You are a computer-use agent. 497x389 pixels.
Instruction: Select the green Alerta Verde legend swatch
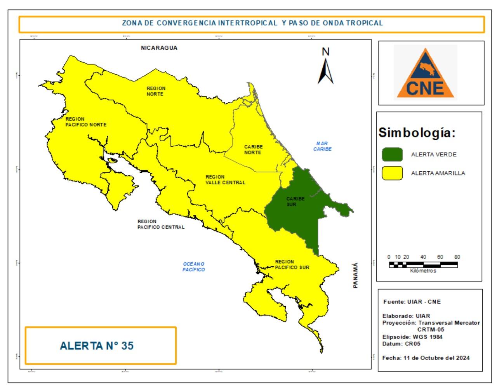tap(392, 154)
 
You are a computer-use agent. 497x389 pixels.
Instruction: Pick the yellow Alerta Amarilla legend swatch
tap(392, 173)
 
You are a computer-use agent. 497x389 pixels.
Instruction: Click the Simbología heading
tap(417, 133)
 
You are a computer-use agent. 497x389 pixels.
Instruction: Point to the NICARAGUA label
tap(159, 48)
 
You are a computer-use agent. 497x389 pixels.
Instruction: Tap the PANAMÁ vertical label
tap(356, 275)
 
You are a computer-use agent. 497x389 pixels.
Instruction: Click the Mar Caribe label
tap(323, 146)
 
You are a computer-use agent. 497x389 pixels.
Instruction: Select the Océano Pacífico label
tap(193, 267)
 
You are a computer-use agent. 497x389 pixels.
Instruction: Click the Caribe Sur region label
tap(295, 201)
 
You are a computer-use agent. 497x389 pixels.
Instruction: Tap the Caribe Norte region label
tap(253, 149)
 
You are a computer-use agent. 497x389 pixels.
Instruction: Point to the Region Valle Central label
tap(225, 180)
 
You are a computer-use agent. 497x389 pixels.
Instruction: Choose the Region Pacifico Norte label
tap(86, 122)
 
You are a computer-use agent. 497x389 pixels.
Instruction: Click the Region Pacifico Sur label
tap(292, 264)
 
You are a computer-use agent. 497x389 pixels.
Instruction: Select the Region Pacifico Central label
tap(161, 224)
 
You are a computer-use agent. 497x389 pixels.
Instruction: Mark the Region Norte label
tap(156, 91)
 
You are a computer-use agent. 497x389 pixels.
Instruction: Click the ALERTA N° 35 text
tap(97, 346)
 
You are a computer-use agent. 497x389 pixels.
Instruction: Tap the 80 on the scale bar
tap(457, 257)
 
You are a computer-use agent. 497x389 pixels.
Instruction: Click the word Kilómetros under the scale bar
tap(423, 271)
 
